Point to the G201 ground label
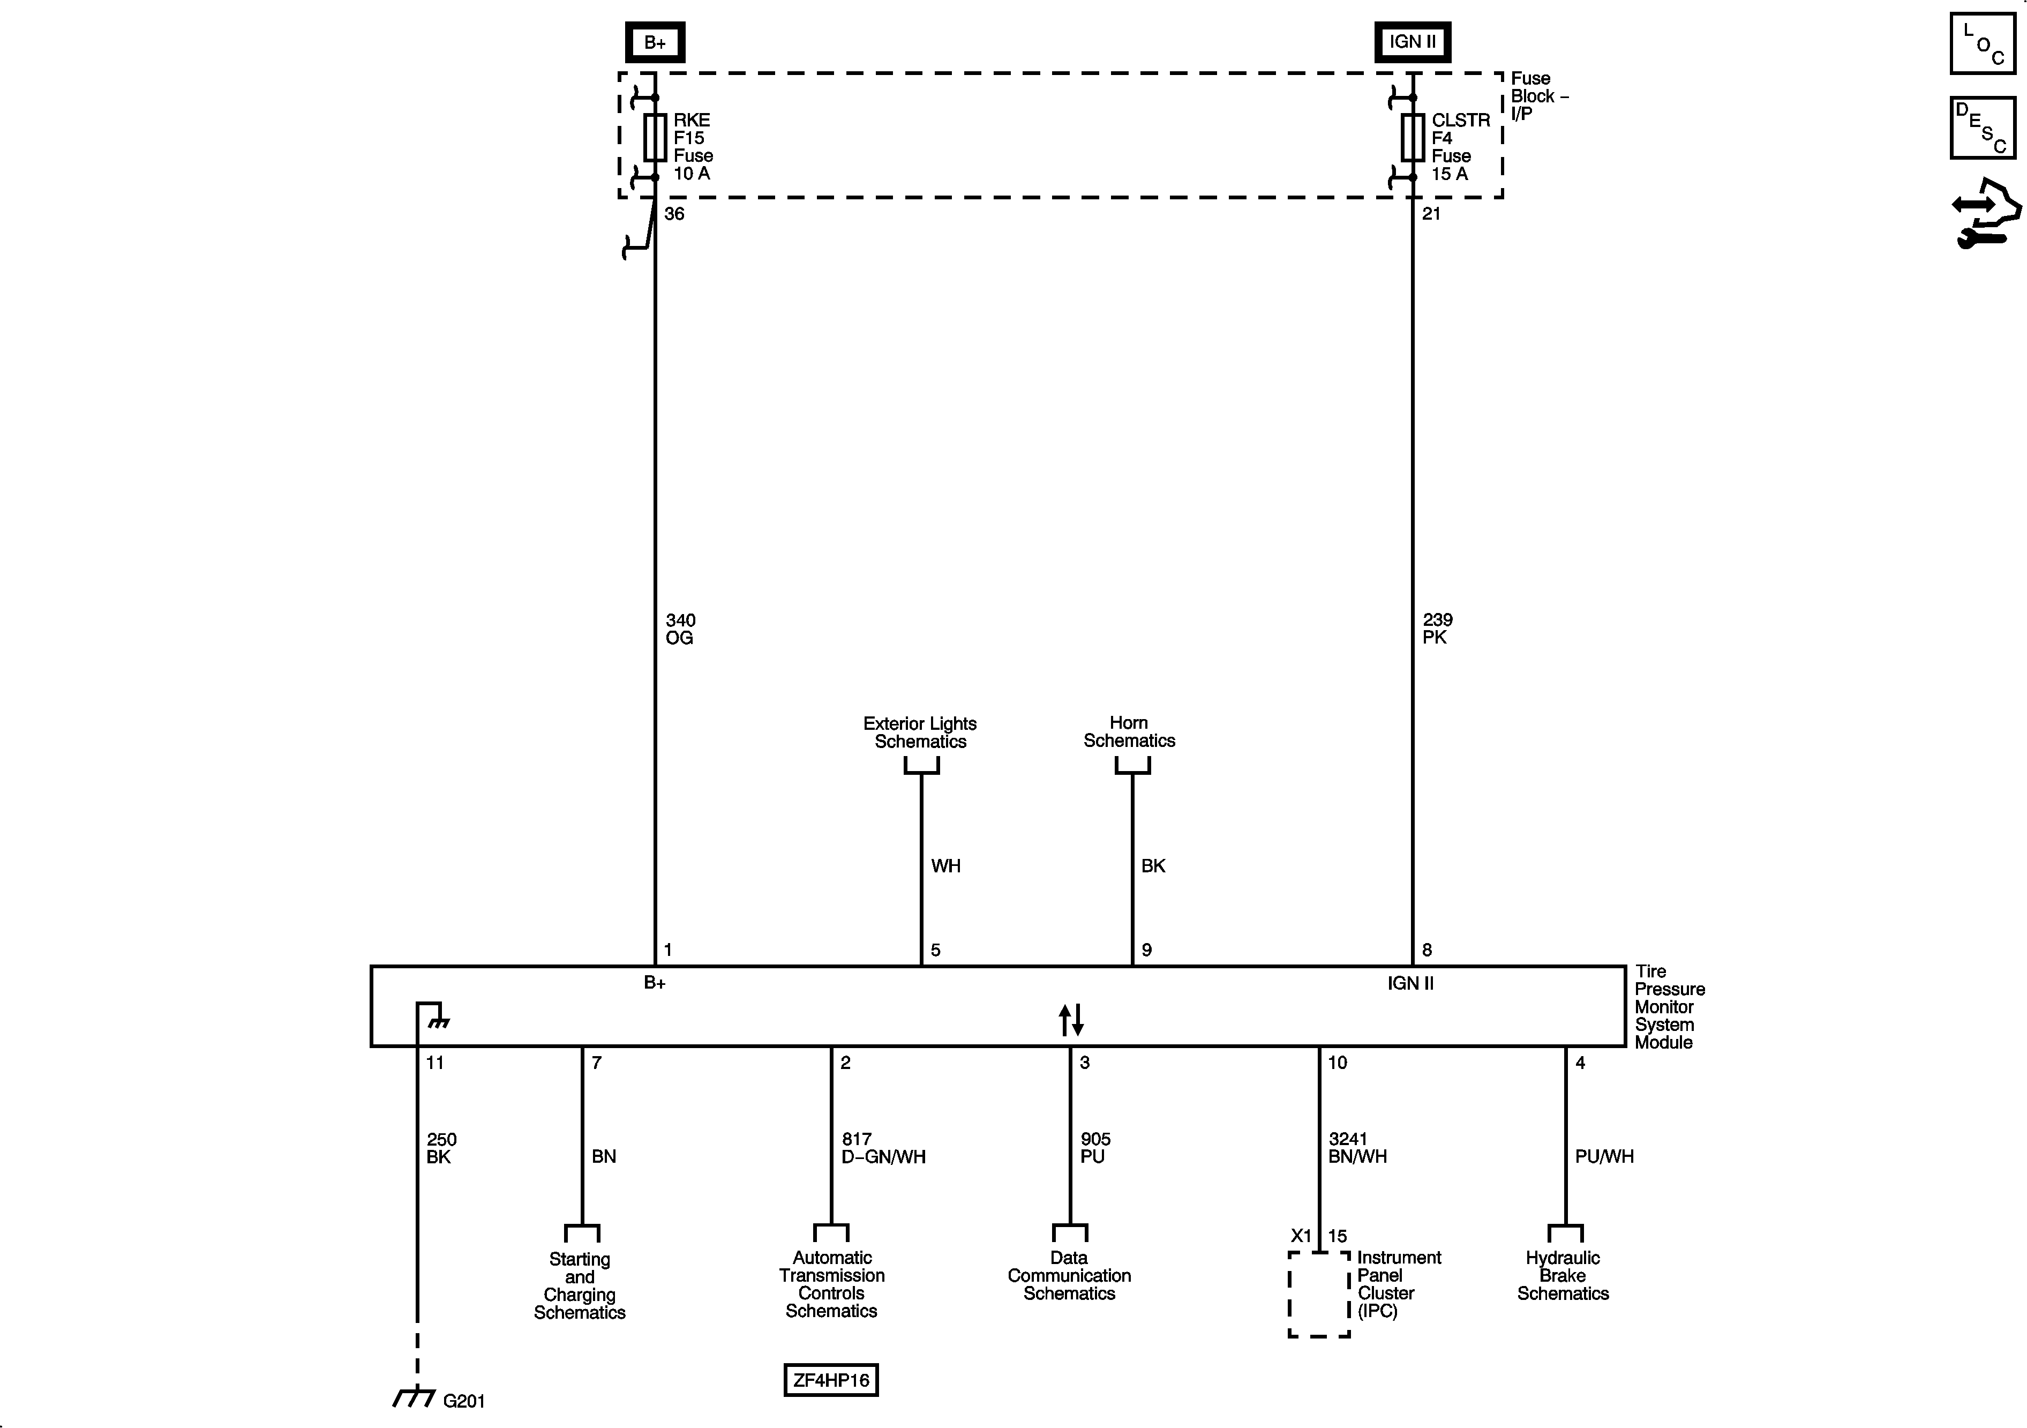[463, 1401]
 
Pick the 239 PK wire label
[1437, 629]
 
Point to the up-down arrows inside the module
[1071, 1020]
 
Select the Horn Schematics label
[1129, 732]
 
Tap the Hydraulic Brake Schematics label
[1563, 1275]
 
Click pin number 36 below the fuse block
[674, 214]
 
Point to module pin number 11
[436, 1063]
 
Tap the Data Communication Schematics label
[1069, 1275]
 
